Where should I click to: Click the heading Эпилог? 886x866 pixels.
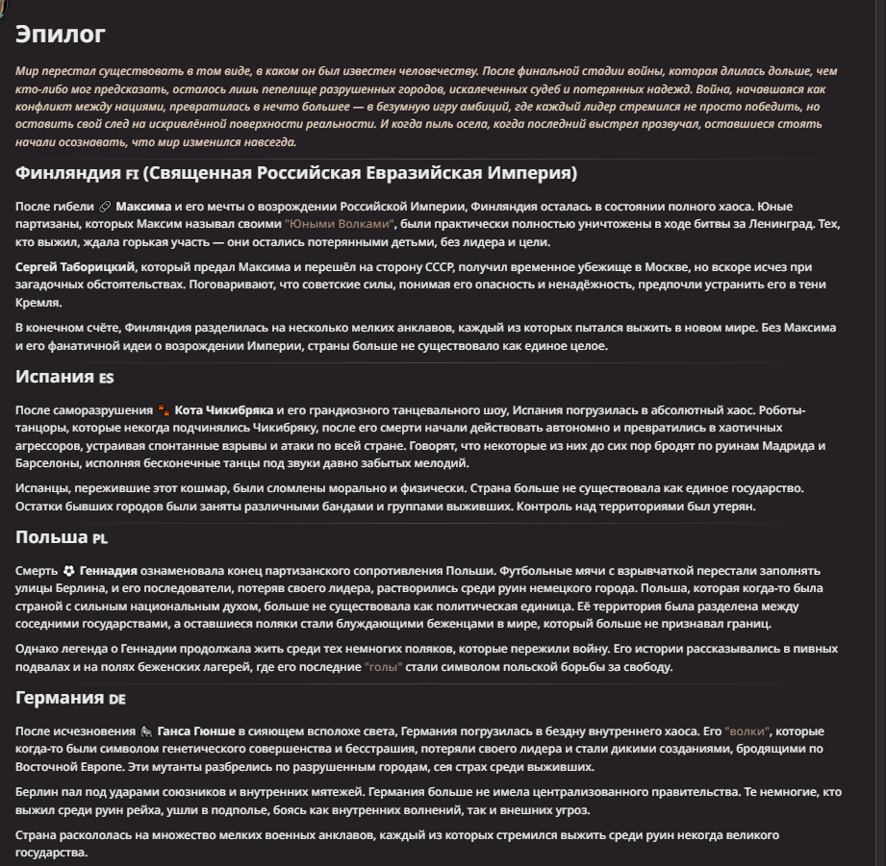point(60,35)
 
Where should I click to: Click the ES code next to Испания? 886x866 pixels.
point(106,378)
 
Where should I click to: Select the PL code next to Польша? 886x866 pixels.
point(101,538)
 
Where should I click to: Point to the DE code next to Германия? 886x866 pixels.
point(116,699)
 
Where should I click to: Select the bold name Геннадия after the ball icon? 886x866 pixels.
point(109,570)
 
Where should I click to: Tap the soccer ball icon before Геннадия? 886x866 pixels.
point(68,570)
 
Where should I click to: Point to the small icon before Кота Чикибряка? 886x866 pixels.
point(164,410)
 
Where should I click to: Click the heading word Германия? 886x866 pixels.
point(60,698)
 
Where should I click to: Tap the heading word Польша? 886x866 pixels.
point(52,537)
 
